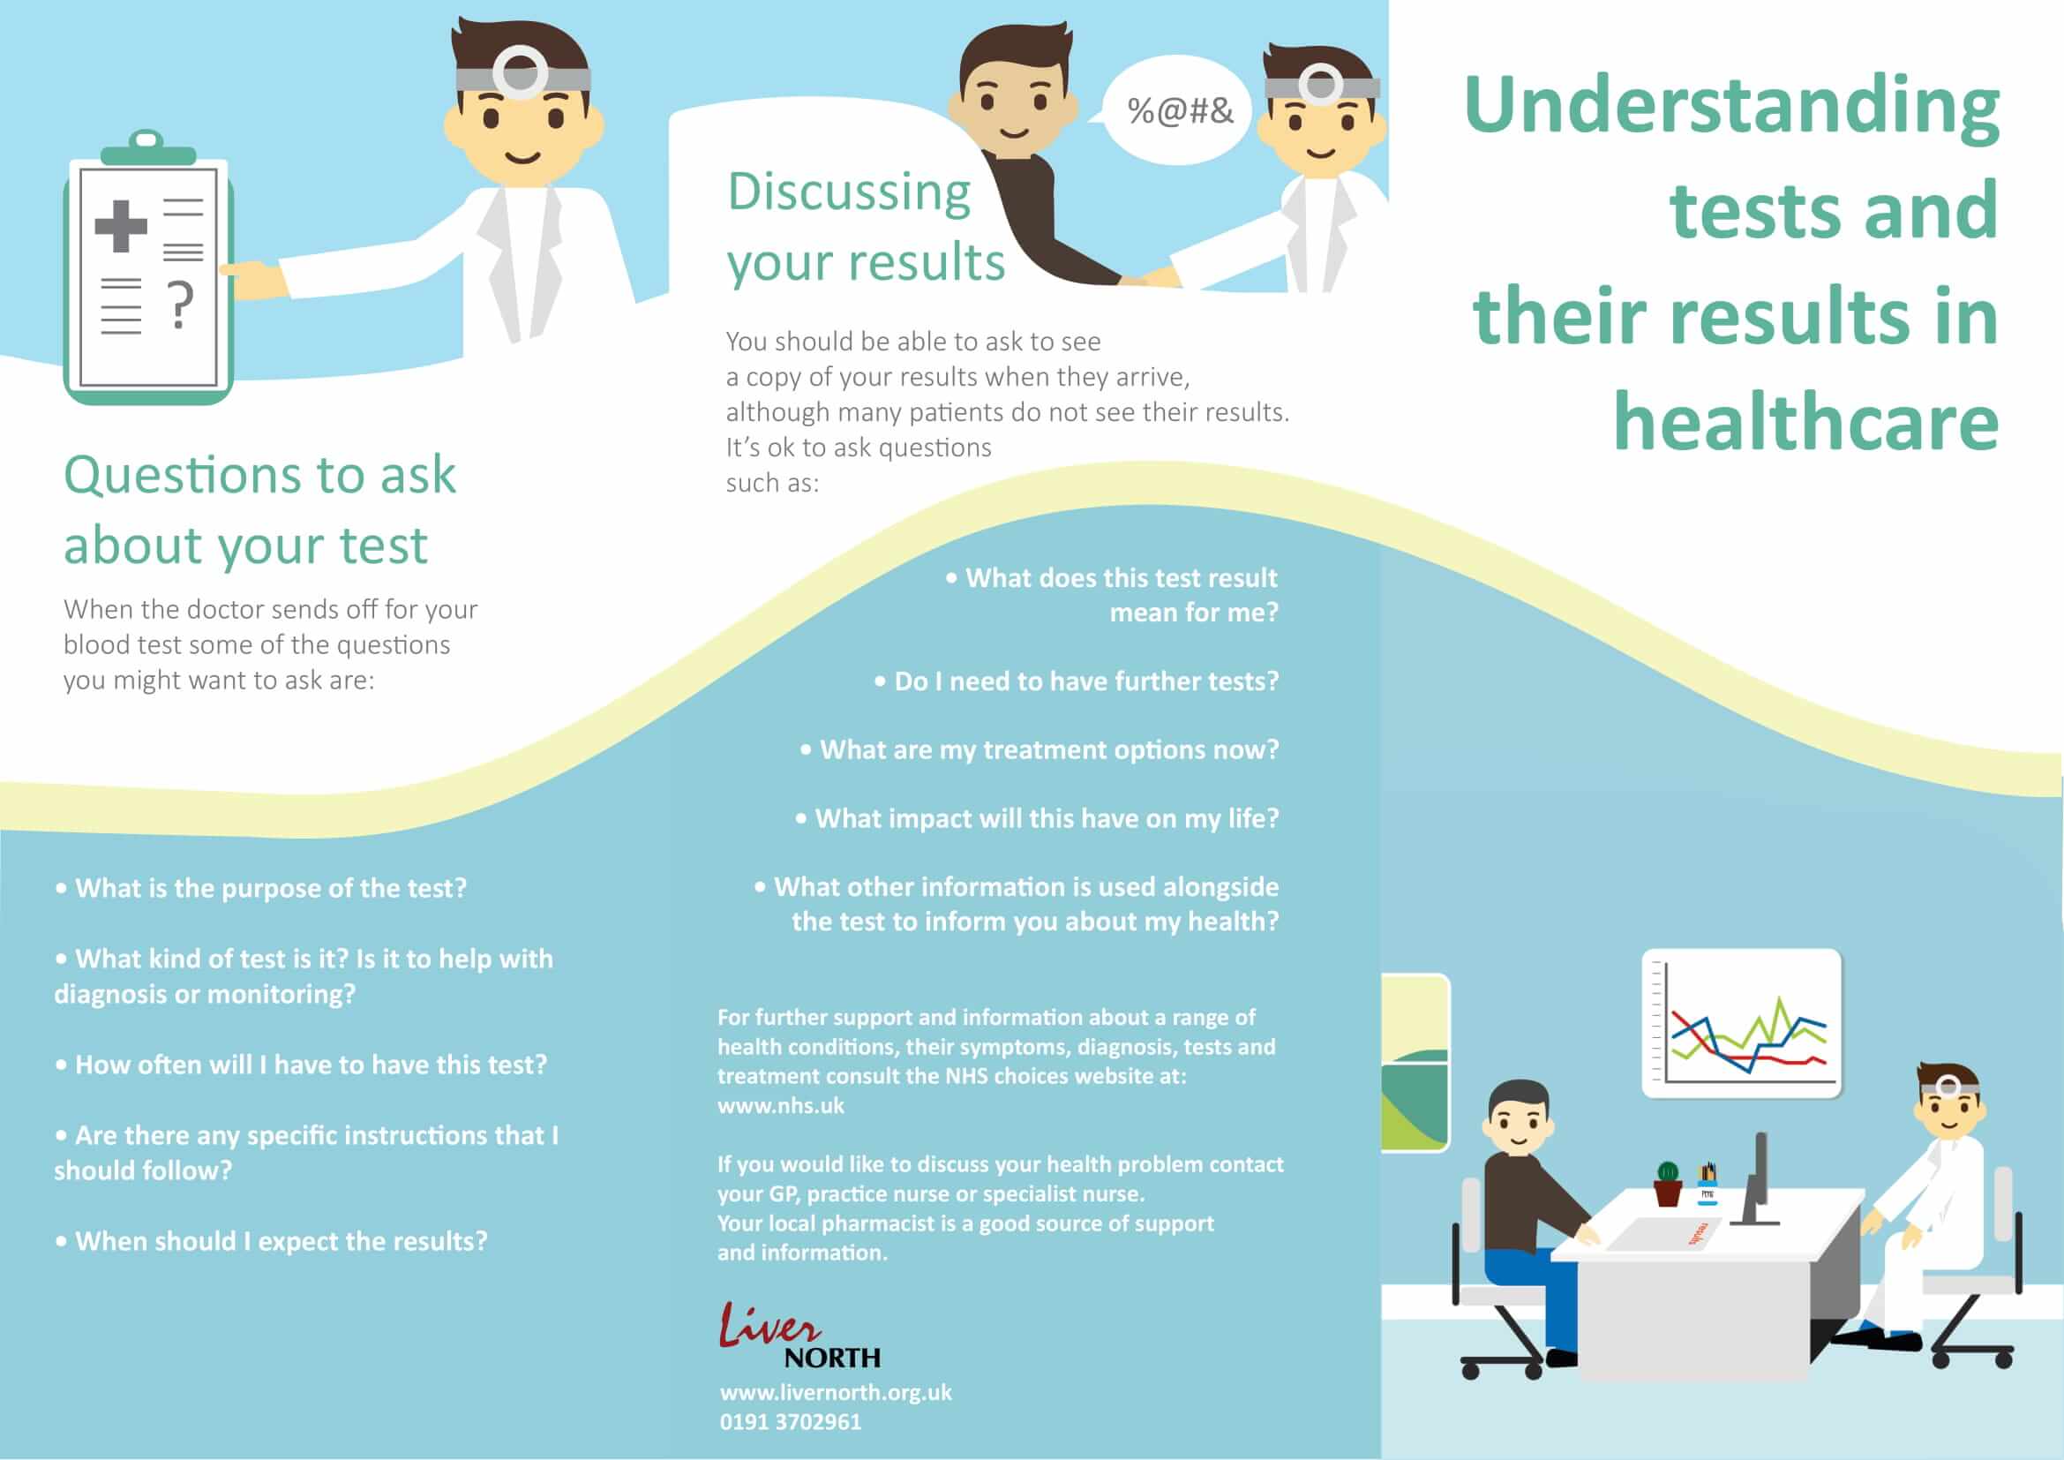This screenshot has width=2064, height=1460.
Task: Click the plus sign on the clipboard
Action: coord(121,225)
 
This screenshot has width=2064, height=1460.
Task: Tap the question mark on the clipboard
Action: coord(181,305)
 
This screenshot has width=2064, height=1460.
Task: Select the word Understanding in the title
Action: coord(1731,107)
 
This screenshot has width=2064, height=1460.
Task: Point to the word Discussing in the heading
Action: coord(849,192)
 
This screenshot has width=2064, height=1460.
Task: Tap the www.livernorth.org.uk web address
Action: coord(835,1393)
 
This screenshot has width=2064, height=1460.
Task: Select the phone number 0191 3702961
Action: coord(790,1422)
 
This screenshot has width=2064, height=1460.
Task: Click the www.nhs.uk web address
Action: coord(780,1106)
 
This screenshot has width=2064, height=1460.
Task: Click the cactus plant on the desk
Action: coord(1668,1182)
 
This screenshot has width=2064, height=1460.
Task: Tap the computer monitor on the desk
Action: coord(1758,1178)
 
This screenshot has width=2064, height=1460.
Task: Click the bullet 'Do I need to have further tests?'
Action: coord(1076,681)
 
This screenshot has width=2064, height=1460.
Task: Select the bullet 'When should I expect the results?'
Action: coord(271,1242)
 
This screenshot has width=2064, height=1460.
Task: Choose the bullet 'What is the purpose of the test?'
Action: coord(260,888)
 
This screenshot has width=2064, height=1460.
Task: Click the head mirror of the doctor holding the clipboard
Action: coord(521,71)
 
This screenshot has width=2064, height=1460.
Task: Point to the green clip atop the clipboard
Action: coord(147,149)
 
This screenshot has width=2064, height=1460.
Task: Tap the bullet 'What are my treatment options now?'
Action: coord(1040,749)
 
